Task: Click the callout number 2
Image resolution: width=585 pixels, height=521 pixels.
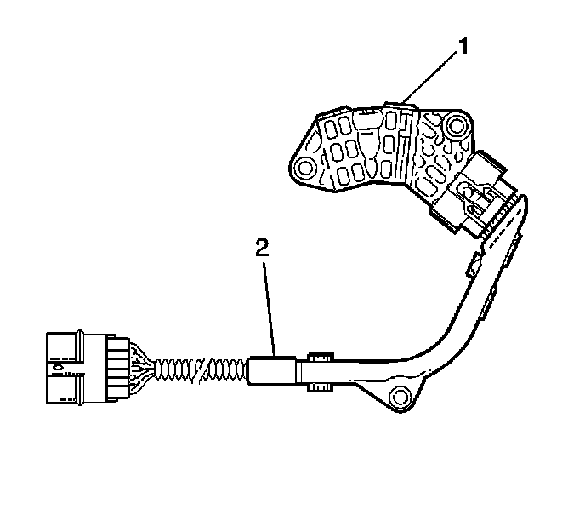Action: click(264, 248)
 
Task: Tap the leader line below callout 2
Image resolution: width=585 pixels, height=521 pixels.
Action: click(270, 306)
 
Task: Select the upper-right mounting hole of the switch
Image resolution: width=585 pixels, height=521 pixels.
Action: click(457, 127)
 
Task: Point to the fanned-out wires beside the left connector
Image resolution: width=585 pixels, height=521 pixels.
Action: click(145, 369)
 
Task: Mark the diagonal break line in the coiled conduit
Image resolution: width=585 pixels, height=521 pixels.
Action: click(201, 370)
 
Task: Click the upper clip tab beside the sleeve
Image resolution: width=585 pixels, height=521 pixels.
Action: click(321, 356)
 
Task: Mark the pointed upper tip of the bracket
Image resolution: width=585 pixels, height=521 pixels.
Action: click(524, 201)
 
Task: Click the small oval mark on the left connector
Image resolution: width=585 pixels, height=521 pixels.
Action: click(55, 369)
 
